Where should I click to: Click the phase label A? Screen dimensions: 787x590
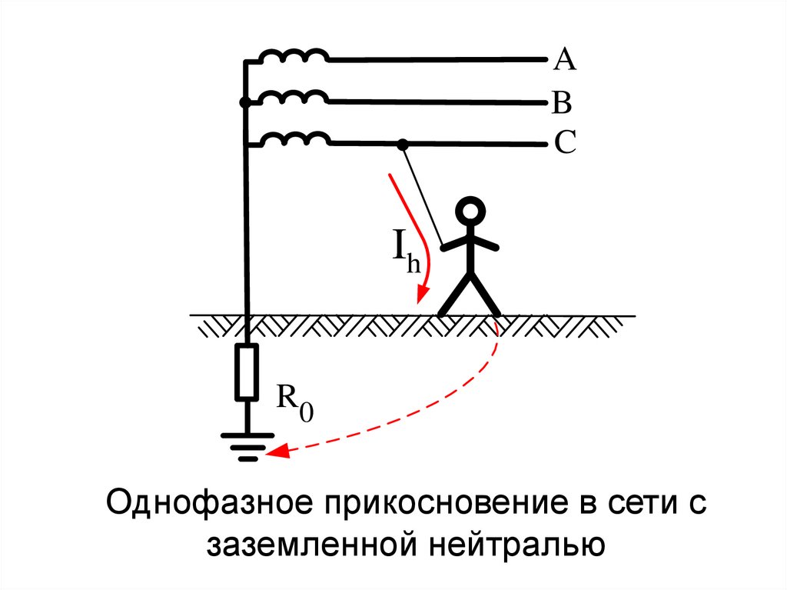pos(565,59)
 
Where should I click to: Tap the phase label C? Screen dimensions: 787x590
pos(565,143)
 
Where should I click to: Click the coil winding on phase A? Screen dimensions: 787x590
pos(294,56)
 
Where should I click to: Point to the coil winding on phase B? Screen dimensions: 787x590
pos(294,98)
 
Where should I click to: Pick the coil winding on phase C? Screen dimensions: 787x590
pos(294,139)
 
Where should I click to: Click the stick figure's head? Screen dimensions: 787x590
pos(470,210)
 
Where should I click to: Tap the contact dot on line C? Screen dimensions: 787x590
pos(402,144)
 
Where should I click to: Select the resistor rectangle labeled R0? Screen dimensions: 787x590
pos(246,372)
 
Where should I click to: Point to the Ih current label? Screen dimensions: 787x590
pos(406,252)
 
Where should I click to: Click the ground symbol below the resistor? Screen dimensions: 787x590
pos(247,446)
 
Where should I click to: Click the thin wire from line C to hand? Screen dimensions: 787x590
pos(422,195)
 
